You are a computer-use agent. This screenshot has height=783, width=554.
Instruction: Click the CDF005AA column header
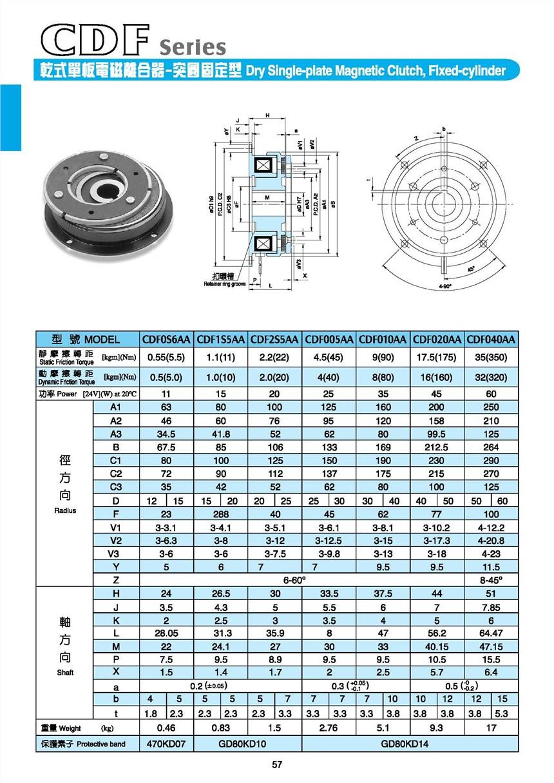[329, 340]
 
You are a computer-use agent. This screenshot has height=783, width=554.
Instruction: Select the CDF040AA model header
[491, 340]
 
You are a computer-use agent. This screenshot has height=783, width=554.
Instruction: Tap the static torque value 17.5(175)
[437, 356]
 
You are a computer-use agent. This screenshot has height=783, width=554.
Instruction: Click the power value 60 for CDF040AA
[491, 393]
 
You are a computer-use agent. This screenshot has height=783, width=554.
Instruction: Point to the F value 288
[220, 514]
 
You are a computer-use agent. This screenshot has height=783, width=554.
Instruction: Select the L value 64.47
[491, 633]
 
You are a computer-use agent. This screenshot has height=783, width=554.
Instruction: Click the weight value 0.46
[166, 728]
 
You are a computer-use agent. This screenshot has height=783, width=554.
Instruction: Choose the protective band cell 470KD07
[166, 744]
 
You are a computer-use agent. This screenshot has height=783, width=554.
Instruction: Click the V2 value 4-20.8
[491, 541]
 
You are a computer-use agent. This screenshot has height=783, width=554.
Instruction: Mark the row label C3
[116, 487]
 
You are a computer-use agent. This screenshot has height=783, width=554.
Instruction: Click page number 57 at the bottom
[277, 765]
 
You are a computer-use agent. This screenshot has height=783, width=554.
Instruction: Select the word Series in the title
[193, 47]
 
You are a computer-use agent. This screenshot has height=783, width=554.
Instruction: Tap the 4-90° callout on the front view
[444, 285]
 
